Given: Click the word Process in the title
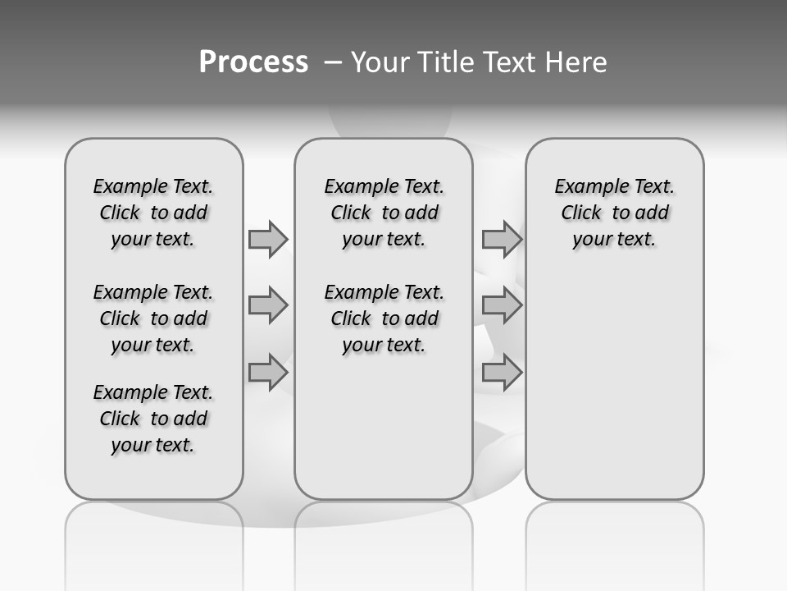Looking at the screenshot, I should pyautogui.click(x=253, y=62).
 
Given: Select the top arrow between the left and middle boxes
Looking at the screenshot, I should pyautogui.click(x=268, y=239).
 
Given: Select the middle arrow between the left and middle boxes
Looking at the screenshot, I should pyautogui.click(x=268, y=305).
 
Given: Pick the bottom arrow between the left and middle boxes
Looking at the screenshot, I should pyautogui.click(x=268, y=373).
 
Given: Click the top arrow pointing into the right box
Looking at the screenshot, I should pyautogui.click(x=502, y=239).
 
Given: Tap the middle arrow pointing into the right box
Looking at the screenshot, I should pyautogui.click(x=502, y=305).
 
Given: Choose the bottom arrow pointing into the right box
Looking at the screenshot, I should pyautogui.click(x=502, y=373).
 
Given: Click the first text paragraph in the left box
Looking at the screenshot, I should pyautogui.click(x=153, y=213).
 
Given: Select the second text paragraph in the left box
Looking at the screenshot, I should pyautogui.click(x=153, y=318).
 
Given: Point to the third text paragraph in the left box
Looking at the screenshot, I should pyautogui.click(x=153, y=419).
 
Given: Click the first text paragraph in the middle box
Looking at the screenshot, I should pyautogui.click(x=384, y=213).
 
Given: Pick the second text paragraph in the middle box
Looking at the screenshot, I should pyautogui.click(x=384, y=318).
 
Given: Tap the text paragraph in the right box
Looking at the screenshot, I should pyautogui.click(x=615, y=213).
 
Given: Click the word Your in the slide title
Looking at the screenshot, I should pyautogui.click(x=380, y=62).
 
